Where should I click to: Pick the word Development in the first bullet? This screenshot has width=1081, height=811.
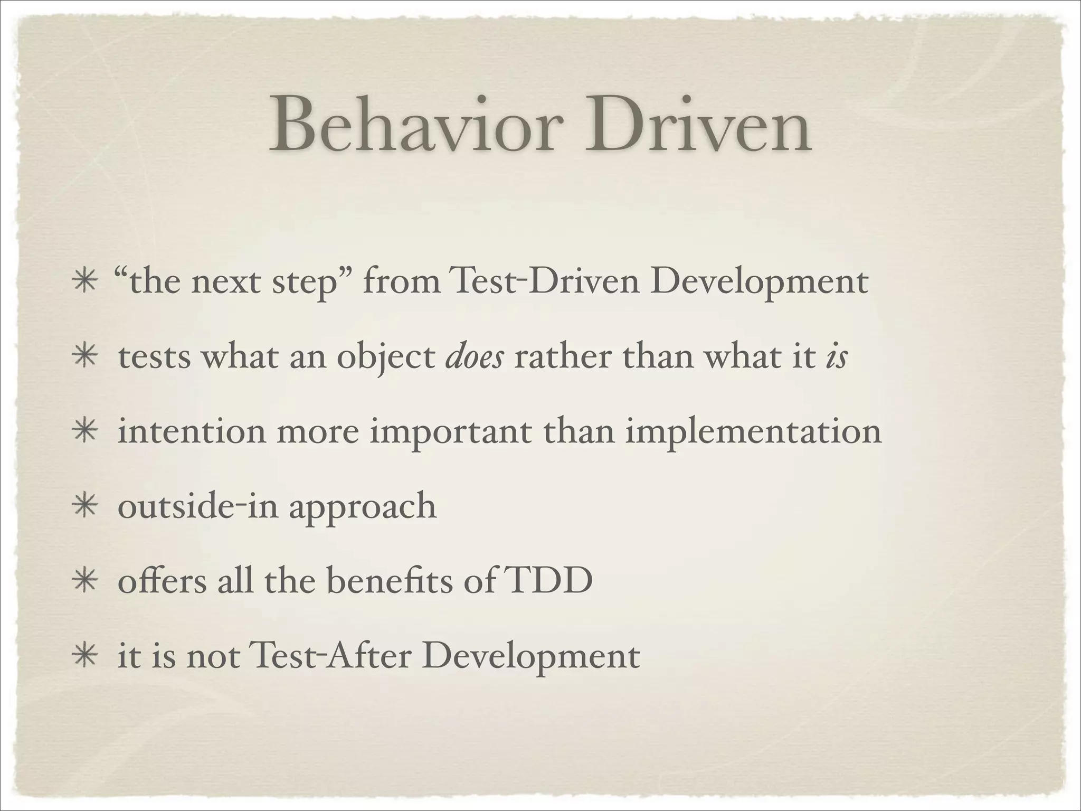pyautogui.click(x=759, y=284)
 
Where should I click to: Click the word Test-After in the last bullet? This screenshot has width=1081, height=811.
pyautogui.click(x=331, y=656)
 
